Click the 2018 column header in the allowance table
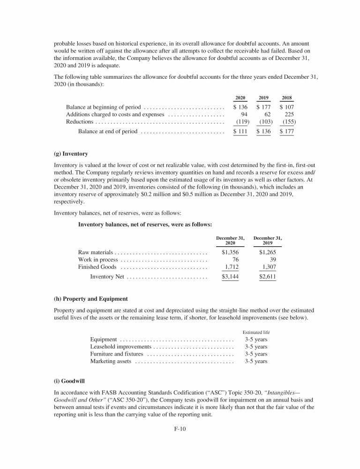coord(287,98)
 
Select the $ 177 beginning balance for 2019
coord(263,107)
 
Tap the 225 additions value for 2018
coord(289,114)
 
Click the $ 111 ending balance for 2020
coord(240,132)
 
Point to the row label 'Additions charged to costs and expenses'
coord(115,114)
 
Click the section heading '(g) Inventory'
coord(71,154)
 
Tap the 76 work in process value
coord(236,259)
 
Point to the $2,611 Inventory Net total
coord(268,277)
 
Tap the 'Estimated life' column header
coord(256,332)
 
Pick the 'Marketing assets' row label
coord(111,362)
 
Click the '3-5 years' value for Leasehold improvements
coord(256,347)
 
